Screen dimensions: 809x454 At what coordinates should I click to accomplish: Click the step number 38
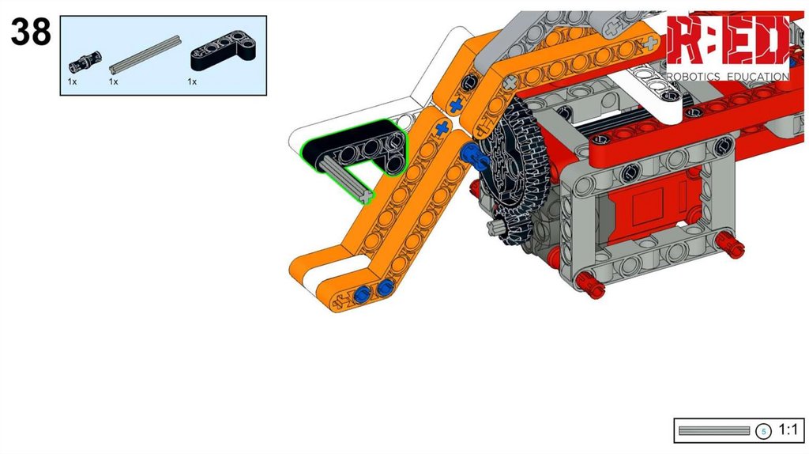(31, 32)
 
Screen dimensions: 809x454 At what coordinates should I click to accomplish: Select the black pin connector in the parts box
(85, 62)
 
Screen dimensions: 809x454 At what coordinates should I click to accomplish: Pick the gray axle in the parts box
(145, 54)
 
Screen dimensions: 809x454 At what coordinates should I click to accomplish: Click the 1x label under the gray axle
(114, 81)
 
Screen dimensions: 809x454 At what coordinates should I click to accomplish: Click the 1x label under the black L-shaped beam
(192, 81)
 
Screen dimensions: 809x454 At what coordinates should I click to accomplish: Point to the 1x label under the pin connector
(72, 81)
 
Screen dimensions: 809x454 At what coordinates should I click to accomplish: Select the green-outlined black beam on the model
(356, 148)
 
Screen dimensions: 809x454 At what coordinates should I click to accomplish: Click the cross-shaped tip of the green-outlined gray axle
(366, 196)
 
